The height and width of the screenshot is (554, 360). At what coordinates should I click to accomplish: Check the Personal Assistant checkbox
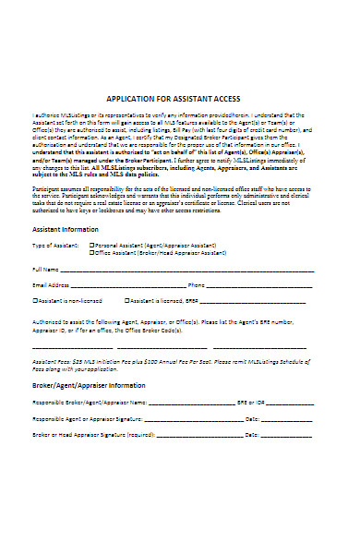tap(91, 247)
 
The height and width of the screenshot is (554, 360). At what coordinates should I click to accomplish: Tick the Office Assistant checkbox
tap(91, 253)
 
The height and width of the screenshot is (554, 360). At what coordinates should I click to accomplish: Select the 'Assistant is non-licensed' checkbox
tap(35, 301)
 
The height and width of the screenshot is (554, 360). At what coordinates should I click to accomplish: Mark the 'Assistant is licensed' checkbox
tap(126, 301)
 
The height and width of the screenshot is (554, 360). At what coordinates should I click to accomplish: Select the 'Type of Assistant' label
tap(54, 247)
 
